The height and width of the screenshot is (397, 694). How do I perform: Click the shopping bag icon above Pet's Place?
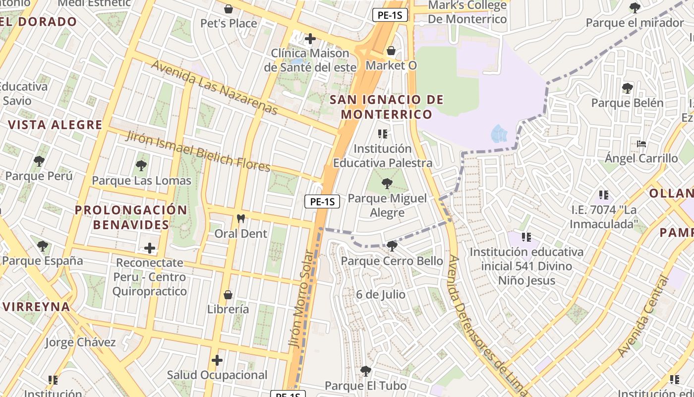click(x=229, y=9)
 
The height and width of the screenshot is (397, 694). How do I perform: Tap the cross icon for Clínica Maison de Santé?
click(x=310, y=39)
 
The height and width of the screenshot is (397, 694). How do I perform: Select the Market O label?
click(x=391, y=66)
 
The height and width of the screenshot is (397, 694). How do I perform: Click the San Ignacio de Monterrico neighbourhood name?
click(x=387, y=107)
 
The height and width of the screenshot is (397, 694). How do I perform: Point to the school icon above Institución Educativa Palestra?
click(x=382, y=133)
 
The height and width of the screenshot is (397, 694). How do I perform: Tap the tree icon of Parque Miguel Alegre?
click(x=387, y=184)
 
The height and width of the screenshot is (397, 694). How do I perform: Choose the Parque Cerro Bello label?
click(x=392, y=261)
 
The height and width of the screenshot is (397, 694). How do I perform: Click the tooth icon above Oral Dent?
click(x=241, y=218)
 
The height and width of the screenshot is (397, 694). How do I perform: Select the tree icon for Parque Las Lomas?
click(x=141, y=166)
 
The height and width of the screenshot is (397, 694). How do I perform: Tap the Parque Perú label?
click(x=39, y=176)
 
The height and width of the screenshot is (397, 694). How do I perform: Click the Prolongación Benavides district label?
click(x=131, y=217)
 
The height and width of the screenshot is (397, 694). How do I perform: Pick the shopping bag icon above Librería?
click(x=228, y=295)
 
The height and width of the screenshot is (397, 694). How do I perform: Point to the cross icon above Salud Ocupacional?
click(x=217, y=360)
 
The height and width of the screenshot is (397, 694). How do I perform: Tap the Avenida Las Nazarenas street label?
click(x=214, y=87)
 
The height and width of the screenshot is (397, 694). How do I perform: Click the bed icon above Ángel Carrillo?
click(x=641, y=144)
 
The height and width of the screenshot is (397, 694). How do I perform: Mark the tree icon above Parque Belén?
click(x=627, y=88)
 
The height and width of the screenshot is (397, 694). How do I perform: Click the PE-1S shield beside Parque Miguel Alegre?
click(x=322, y=201)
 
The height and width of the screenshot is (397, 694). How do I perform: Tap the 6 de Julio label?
click(x=381, y=295)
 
